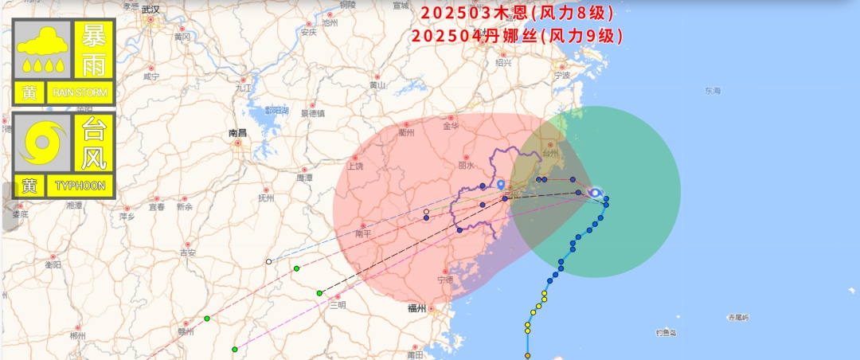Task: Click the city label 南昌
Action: (x=237, y=133)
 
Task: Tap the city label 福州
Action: (x=416, y=308)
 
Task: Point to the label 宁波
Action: (x=562, y=76)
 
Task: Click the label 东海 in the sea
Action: (x=712, y=92)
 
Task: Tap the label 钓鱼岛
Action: (x=666, y=332)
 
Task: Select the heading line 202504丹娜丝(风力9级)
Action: (x=518, y=36)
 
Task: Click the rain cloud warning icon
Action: (x=42, y=49)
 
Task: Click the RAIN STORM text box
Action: (x=80, y=93)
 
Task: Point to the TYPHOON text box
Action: (x=80, y=186)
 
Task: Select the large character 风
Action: (x=94, y=158)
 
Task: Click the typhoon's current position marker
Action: (x=595, y=192)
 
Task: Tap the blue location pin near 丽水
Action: (x=501, y=185)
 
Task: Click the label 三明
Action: (x=338, y=305)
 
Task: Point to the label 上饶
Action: (x=354, y=166)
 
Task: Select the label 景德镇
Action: (x=312, y=113)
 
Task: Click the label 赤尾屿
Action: (x=738, y=317)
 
